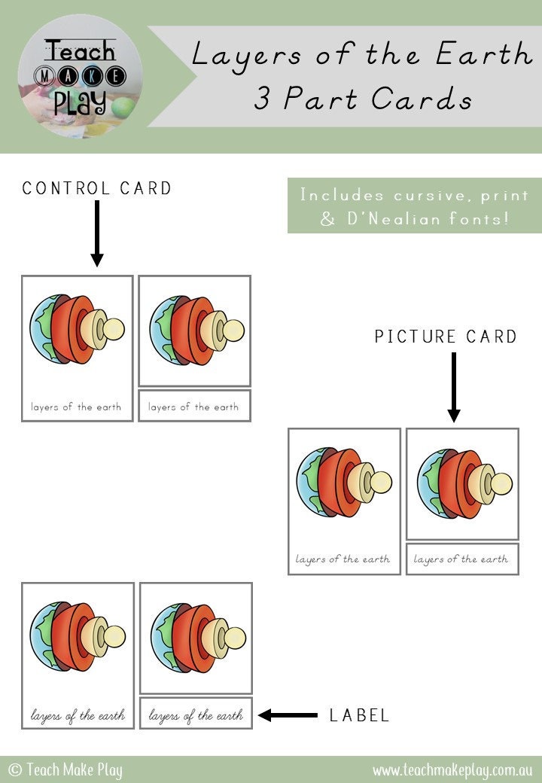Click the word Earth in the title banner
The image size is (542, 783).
[486, 55]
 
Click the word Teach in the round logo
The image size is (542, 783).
[80, 52]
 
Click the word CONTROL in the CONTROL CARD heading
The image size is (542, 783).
[66, 188]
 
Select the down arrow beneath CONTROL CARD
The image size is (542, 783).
[96, 233]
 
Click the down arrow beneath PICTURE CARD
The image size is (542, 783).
[453, 387]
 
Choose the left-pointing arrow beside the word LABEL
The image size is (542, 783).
[288, 715]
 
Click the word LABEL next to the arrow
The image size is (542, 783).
[360, 715]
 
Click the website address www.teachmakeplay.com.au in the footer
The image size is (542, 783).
[452, 770]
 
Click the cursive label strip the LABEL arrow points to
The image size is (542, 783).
[196, 714]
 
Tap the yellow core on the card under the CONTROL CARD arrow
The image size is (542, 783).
[113, 329]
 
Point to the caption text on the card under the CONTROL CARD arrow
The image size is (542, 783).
[76, 407]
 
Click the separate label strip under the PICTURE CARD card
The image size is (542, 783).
[462, 559]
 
